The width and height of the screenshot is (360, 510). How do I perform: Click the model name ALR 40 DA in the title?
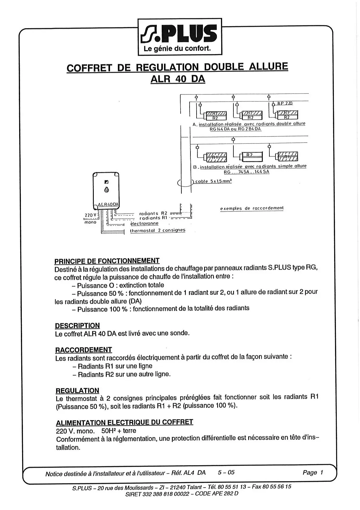[x=178, y=79]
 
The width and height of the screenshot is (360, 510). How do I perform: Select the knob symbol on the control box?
[x=107, y=190]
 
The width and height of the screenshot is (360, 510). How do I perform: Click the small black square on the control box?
[x=106, y=182]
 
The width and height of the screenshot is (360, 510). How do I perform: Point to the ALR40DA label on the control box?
[x=108, y=205]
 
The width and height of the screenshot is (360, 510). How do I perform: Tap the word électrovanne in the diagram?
[x=144, y=223]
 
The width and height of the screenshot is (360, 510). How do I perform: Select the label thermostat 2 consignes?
[x=157, y=230]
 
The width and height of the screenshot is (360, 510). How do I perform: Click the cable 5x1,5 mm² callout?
[x=213, y=181]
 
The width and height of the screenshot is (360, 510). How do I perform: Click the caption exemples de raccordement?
[x=252, y=208]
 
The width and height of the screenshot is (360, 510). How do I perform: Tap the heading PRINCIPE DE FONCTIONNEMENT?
[x=107, y=261]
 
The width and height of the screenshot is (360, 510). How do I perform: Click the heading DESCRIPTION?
[x=77, y=325]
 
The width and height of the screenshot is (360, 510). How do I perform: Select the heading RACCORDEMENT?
[x=84, y=350]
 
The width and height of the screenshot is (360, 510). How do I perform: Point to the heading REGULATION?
[x=77, y=391]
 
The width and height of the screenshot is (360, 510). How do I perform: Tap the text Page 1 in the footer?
[x=313, y=473]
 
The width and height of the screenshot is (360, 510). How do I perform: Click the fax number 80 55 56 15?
[x=276, y=486]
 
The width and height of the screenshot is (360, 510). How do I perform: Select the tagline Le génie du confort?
[x=177, y=49]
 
